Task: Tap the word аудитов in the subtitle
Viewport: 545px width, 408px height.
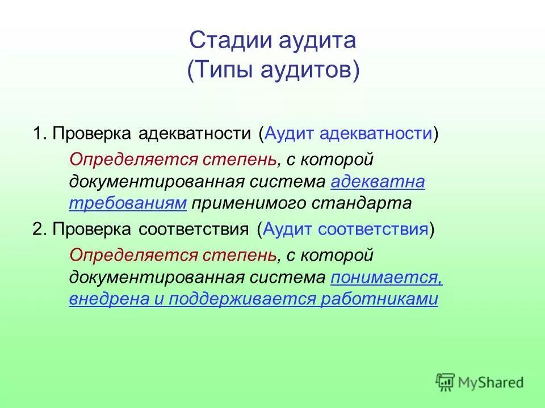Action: [x=306, y=71]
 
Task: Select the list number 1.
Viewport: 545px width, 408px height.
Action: [x=38, y=134]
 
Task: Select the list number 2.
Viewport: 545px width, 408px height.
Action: [x=38, y=229]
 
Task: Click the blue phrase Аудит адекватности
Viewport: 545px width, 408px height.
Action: [x=349, y=134]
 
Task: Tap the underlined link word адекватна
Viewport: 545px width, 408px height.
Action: [x=378, y=182]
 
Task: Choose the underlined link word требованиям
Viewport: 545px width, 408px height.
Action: [x=128, y=203]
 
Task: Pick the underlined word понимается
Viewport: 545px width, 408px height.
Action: [x=386, y=278]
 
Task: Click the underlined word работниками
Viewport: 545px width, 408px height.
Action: [x=379, y=299]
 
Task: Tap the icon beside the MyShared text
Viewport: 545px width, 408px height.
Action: [x=446, y=381]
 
